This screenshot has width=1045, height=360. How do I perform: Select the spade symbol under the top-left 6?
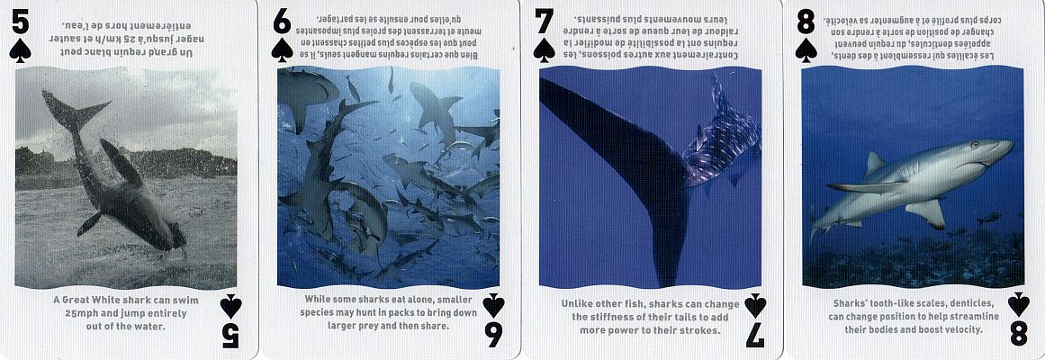click(x=282, y=50)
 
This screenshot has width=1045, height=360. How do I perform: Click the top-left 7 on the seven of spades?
click(x=545, y=22)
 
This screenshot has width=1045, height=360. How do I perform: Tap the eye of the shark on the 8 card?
click(x=974, y=145)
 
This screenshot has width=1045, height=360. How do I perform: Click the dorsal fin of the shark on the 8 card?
click(x=875, y=163)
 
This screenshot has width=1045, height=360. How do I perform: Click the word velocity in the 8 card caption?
click(x=961, y=329)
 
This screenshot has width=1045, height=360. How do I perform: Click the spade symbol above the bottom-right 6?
click(x=492, y=305)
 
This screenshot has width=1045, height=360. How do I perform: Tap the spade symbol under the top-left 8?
click(x=806, y=50)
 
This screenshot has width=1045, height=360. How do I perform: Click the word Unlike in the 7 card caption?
click(x=577, y=304)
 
